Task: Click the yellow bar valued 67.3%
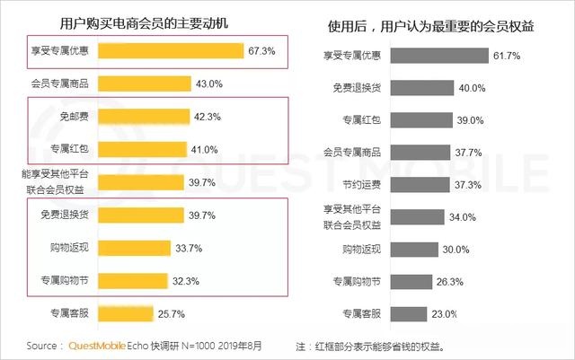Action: pos(170,52)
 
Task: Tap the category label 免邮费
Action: pos(73,117)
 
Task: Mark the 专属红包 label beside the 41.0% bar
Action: pos(68,149)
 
